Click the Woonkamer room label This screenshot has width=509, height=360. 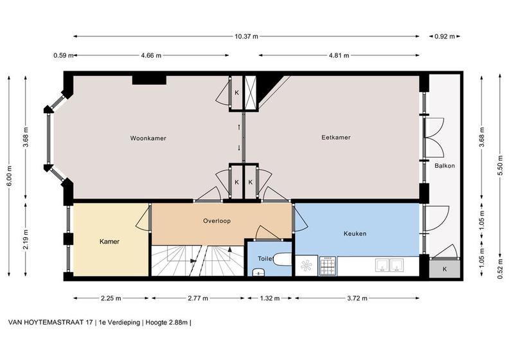pos(148,138)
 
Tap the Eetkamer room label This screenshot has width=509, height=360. pos(336,138)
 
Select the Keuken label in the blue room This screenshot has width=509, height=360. pos(355,233)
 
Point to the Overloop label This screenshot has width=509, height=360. pos(217,221)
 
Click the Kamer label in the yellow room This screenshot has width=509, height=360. pos(109,242)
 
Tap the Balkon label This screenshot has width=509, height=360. pos(445,166)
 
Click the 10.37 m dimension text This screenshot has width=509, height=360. pos(246,37)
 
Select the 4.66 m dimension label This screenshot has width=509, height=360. pos(151,55)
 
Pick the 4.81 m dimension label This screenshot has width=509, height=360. pos(339,55)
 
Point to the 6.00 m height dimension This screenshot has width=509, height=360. pos(9,176)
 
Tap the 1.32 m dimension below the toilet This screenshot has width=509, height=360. pos(269,298)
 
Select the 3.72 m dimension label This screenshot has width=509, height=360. pos(357,298)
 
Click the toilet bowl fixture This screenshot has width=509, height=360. pos(282,259)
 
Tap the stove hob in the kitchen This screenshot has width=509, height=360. pos(328,266)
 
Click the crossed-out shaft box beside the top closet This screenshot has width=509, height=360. pos(250,93)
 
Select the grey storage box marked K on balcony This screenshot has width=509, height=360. pos(445,269)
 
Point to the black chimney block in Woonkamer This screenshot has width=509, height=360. pos(149,80)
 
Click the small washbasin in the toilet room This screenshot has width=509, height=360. pos(258,272)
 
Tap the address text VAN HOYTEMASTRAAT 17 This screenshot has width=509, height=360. pos(50,323)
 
